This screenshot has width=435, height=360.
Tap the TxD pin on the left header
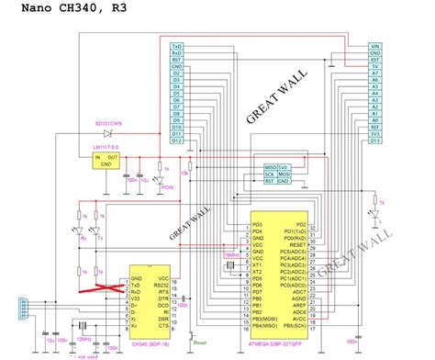[176, 46]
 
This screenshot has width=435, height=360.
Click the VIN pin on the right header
[374, 46]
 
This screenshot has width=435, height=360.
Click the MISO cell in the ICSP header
[271, 166]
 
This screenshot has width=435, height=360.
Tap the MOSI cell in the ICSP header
[284, 174]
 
